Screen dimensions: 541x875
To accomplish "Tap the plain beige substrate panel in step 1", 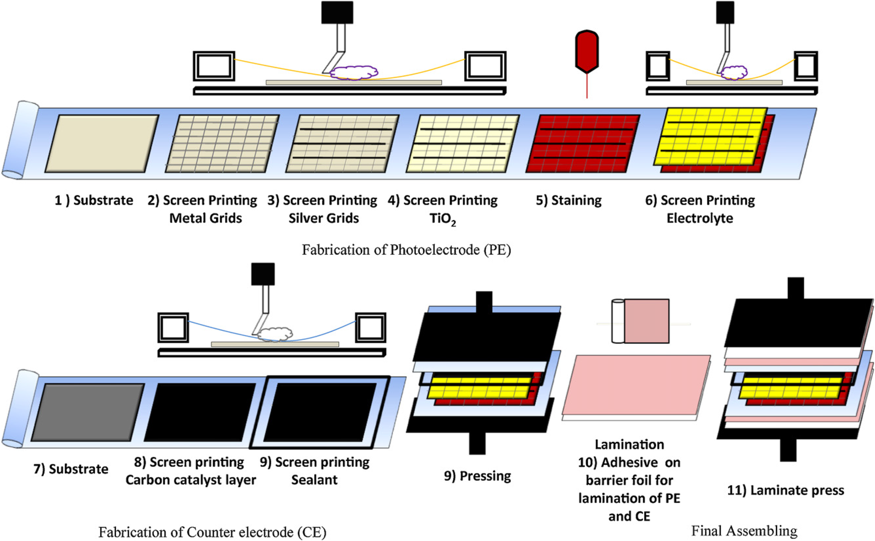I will tap(102, 143).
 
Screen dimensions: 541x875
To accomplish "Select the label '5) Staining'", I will tap(568, 201).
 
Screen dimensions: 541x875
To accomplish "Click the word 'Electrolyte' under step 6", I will tap(700, 218).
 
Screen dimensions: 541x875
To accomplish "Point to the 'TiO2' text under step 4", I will tap(442, 219).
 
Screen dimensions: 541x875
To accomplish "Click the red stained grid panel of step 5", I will tap(583, 143).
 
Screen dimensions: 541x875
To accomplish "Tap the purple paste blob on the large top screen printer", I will tap(354, 73).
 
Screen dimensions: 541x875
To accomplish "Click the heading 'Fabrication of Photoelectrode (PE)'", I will tap(406, 250).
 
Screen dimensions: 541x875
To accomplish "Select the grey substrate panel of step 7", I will tap(88, 412).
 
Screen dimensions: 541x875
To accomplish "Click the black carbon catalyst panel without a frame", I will tap(200, 412).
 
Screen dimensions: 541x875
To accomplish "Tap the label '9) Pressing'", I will tap(477, 476).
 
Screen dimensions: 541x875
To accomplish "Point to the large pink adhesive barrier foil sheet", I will tap(636, 384).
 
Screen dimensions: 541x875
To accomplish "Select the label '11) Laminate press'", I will tap(785, 490).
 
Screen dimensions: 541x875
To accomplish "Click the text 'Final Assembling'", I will tap(744, 531).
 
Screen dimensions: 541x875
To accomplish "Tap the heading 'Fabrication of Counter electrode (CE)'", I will tap(212, 532).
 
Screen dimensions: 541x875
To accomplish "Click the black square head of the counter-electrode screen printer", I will tap(263, 274).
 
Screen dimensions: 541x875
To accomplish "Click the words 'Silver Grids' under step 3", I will tap(323, 218).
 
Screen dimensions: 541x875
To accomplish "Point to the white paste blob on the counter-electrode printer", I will tap(276, 334).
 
